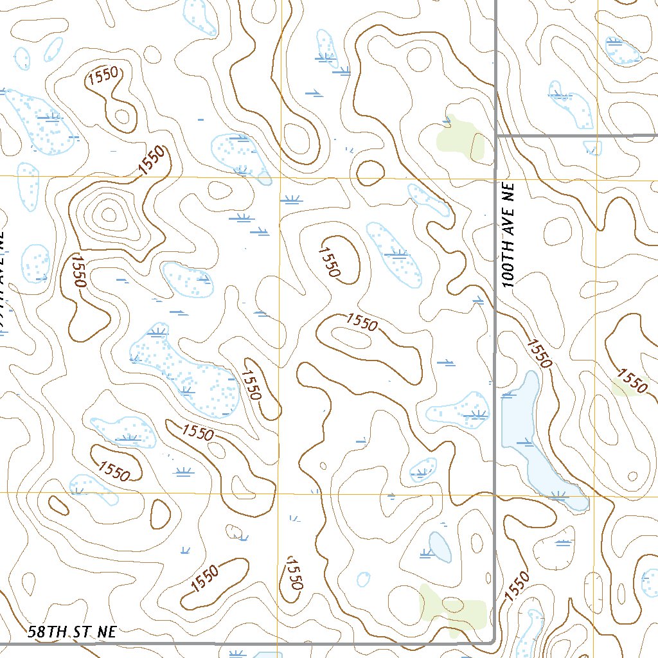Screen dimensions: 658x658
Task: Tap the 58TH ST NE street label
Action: [x=73, y=632]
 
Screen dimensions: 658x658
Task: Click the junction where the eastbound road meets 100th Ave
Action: [x=496, y=136]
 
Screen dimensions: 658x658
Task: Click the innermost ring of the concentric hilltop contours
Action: [x=107, y=213]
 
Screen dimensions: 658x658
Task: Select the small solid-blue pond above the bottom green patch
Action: [x=440, y=546]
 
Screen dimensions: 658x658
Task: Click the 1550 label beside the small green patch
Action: [x=632, y=380]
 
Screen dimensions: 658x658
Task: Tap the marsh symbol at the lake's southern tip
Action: [x=558, y=494]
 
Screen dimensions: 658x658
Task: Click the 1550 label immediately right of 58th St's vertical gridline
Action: [x=292, y=573]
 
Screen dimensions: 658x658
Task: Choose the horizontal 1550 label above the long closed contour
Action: [x=361, y=322]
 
